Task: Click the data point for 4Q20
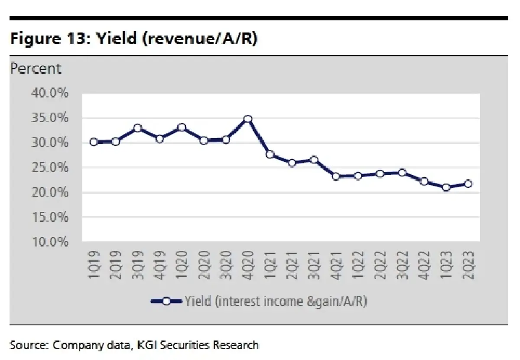coord(248,119)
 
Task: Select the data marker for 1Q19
coord(94,142)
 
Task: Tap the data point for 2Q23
coord(468,184)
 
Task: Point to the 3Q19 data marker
coord(137,128)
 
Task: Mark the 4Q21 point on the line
coord(336,176)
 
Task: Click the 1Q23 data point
coord(446,188)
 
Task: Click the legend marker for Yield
coord(166,302)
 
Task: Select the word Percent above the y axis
coord(36,68)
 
